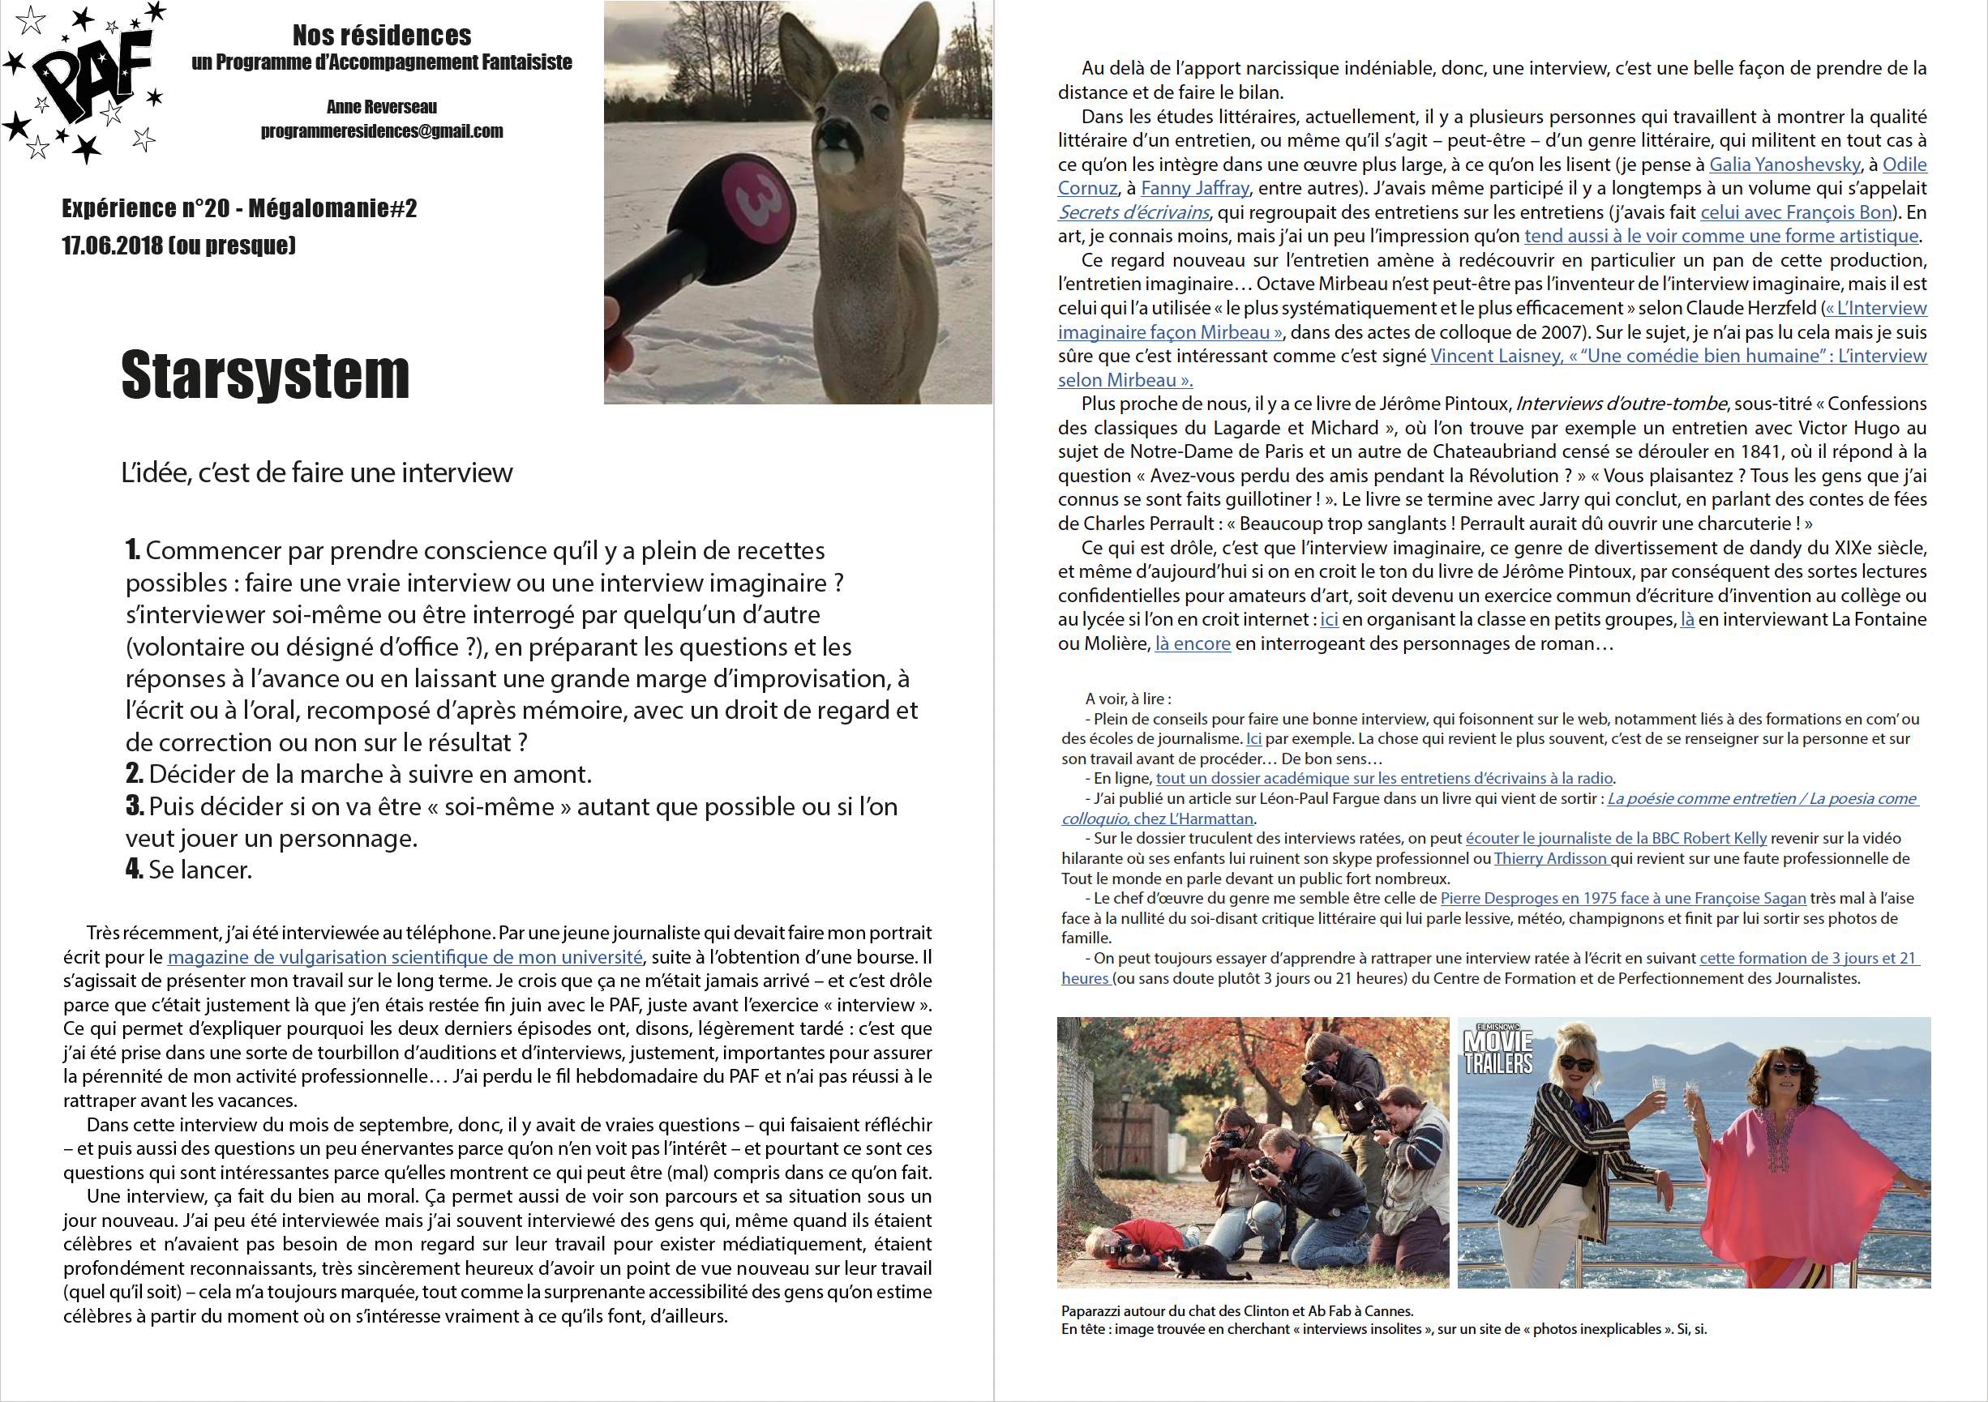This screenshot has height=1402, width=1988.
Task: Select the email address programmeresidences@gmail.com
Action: point(382,131)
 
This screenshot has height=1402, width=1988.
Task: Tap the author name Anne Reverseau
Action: point(382,107)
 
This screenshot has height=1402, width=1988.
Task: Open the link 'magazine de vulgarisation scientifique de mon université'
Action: point(405,957)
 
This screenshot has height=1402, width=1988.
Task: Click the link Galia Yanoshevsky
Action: point(1784,165)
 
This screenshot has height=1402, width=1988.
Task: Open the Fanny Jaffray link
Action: point(1194,189)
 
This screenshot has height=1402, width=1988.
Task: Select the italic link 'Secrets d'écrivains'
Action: point(1133,213)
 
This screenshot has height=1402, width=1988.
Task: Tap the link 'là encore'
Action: point(1193,644)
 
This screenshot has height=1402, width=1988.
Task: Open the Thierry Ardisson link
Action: point(1550,858)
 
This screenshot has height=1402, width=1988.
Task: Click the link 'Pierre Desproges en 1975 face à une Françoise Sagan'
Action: point(1622,898)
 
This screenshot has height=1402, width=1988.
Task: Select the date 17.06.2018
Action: point(112,246)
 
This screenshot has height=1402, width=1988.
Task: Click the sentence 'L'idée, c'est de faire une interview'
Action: point(317,473)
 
